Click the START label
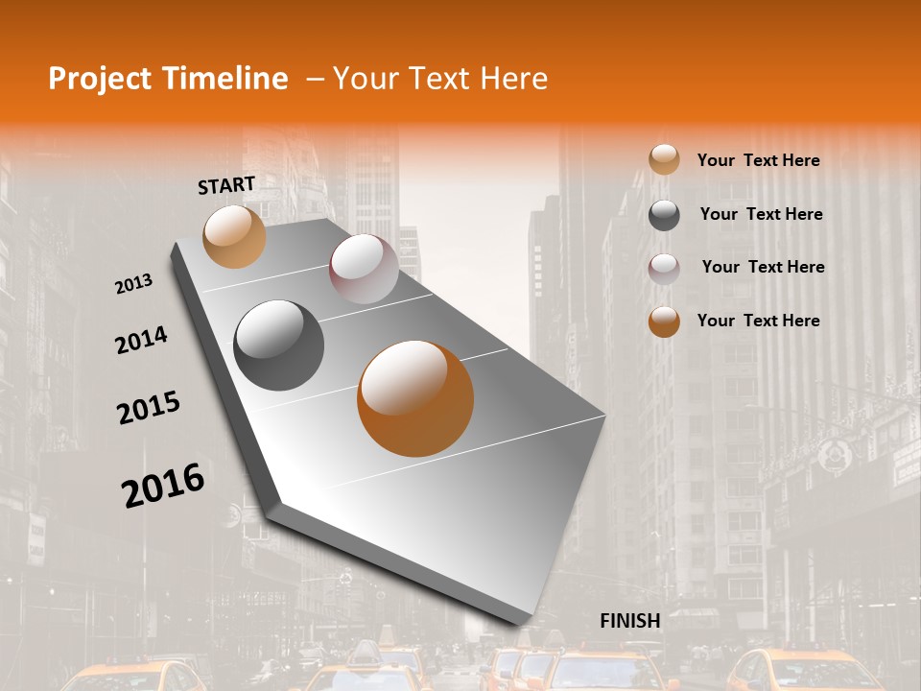(x=226, y=185)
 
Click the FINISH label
(x=630, y=621)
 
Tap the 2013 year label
(x=133, y=284)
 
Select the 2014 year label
(x=141, y=340)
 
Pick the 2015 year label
(x=149, y=408)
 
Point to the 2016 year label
(x=163, y=486)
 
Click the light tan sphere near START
(x=234, y=236)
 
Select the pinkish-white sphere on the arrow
(x=364, y=269)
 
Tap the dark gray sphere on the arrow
(x=279, y=345)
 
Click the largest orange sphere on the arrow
(x=415, y=397)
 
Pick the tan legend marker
(x=664, y=160)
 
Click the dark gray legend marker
(x=664, y=215)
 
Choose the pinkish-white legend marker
(x=664, y=268)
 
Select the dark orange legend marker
(x=664, y=322)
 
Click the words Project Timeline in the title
(x=168, y=79)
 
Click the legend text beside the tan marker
(x=758, y=160)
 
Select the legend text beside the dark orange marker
(x=758, y=321)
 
